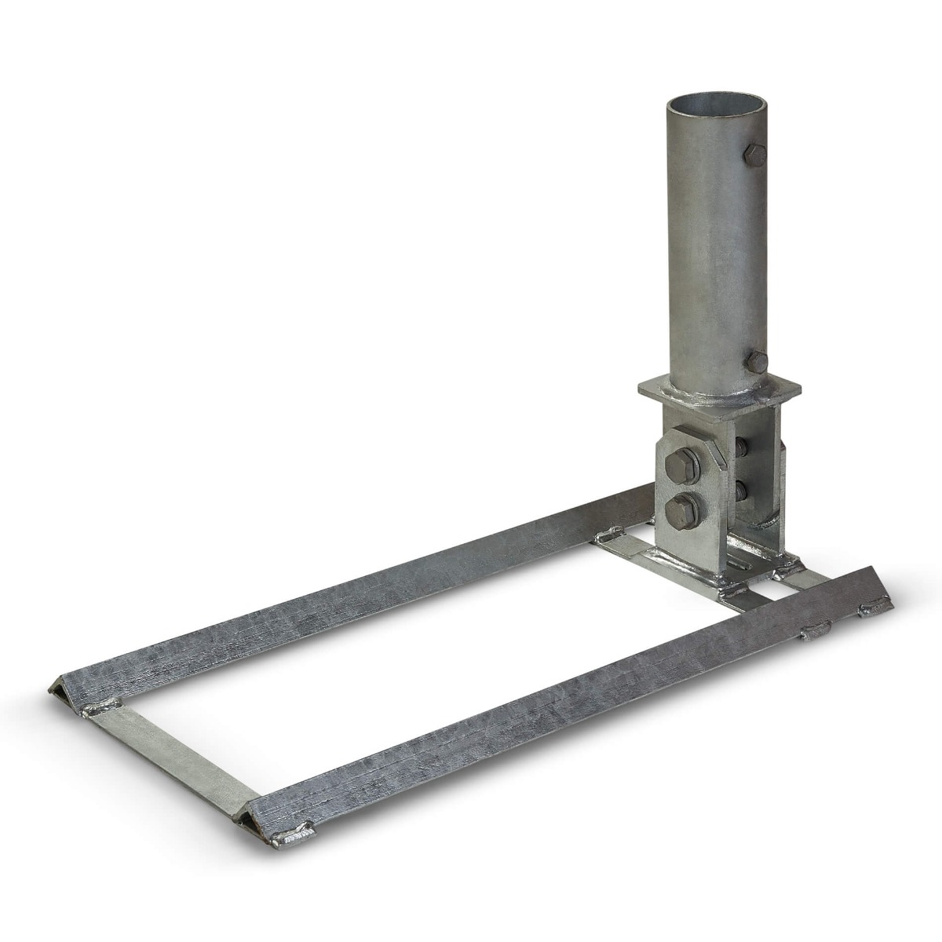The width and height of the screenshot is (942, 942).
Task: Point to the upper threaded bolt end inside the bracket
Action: (x=741, y=448)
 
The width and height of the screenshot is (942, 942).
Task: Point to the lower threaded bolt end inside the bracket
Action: (x=741, y=491)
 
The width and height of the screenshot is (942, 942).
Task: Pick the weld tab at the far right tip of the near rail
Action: (x=875, y=607)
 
